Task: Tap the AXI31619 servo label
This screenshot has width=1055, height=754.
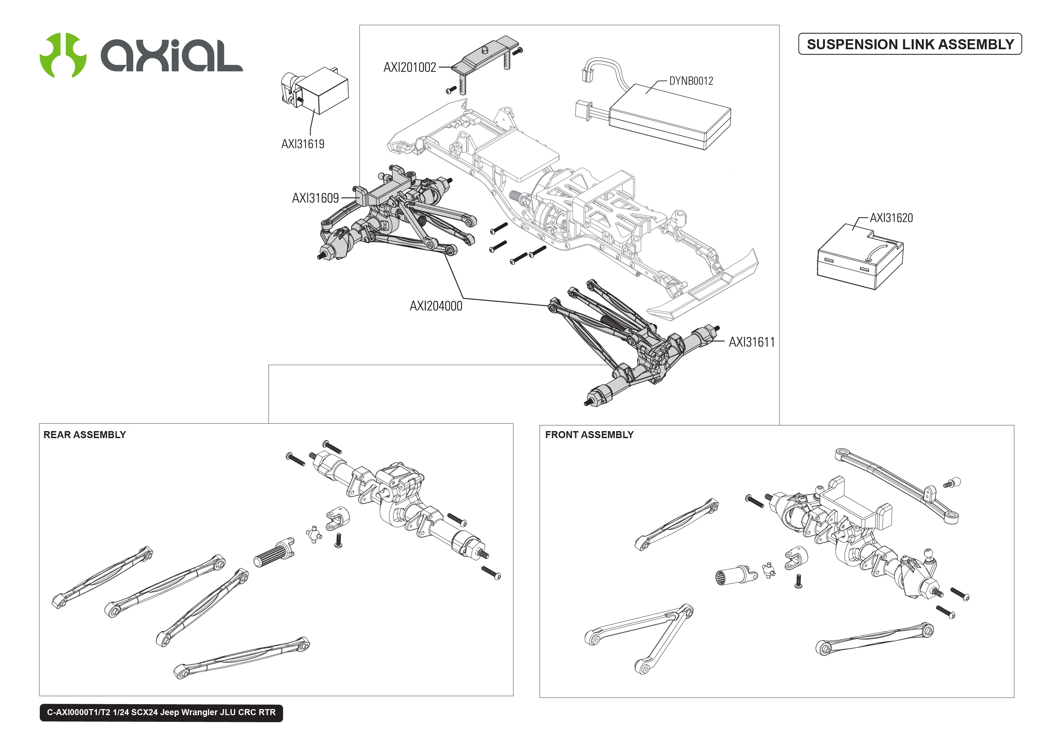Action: (x=302, y=144)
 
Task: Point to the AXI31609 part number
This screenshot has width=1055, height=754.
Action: (x=315, y=198)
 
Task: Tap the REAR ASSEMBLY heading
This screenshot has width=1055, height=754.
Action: (x=84, y=434)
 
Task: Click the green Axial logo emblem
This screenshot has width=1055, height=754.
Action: (x=63, y=55)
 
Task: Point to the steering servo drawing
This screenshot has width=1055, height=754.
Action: (x=315, y=90)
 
